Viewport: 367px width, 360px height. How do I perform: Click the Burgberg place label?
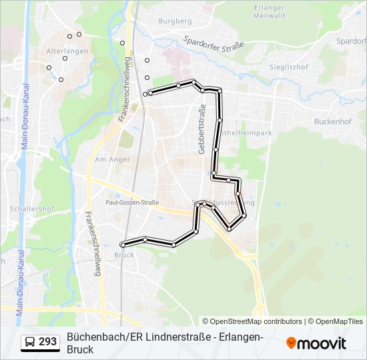point(175,21)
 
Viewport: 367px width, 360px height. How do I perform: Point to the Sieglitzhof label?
point(288,67)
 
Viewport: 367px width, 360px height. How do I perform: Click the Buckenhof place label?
point(332,122)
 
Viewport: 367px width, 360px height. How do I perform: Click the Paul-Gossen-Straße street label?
point(132,201)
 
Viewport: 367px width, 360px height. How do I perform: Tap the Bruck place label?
point(124,255)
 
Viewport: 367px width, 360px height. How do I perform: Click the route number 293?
point(47,342)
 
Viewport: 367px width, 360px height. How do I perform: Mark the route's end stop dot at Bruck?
point(123,245)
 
